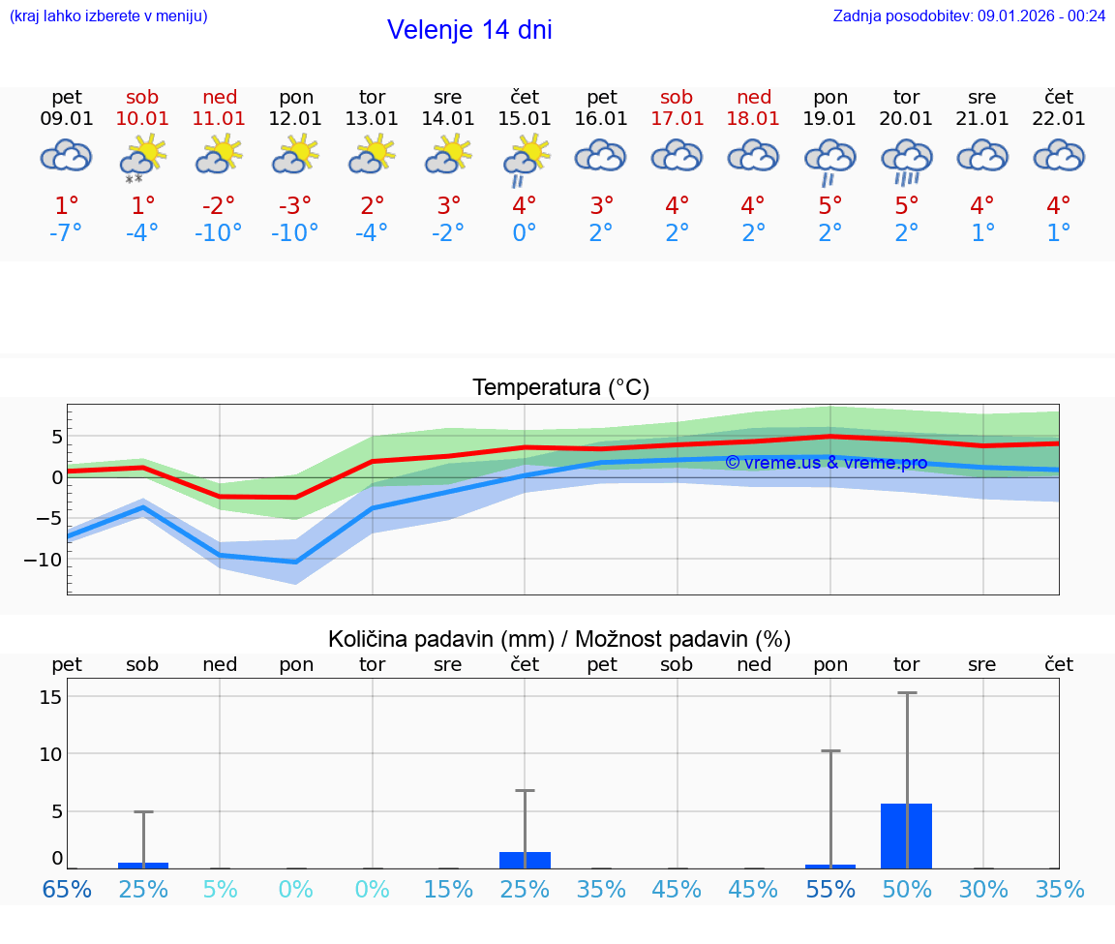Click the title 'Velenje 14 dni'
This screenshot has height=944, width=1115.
click(x=469, y=30)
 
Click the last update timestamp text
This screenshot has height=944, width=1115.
click(x=969, y=15)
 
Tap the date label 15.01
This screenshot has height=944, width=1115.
click(x=525, y=119)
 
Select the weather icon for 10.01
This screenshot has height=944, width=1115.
click(x=143, y=156)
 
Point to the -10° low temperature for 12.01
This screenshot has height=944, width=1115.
click(x=295, y=233)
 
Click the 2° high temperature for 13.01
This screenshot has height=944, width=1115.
click(x=373, y=205)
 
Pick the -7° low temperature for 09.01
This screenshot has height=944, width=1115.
click(x=67, y=233)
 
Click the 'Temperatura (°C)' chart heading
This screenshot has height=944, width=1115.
click(x=560, y=388)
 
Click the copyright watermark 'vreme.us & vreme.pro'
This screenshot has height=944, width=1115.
click(x=826, y=463)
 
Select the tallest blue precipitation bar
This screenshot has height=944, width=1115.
click(x=906, y=836)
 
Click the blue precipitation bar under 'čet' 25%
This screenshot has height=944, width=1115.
click(x=525, y=860)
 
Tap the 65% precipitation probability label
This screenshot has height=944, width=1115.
click(x=67, y=889)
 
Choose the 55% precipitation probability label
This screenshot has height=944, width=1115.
click(x=830, y=889)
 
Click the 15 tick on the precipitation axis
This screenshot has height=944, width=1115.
click(x=51, y=697)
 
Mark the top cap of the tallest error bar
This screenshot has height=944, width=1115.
click(x=907, y=693)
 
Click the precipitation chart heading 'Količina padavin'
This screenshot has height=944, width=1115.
click(x=559, y=639)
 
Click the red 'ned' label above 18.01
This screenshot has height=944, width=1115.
click(x=754, y=97)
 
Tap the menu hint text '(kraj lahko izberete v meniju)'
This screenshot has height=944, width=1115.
click(x=108, y=15)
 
